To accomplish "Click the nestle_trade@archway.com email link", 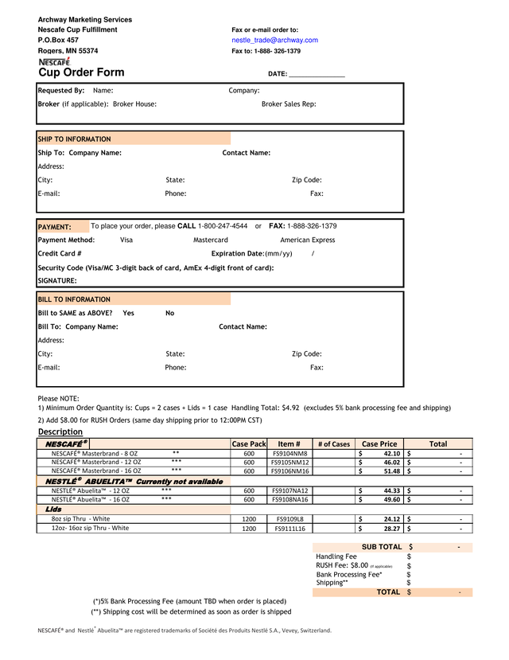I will point(274,40).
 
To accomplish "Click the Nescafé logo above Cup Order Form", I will point(54,61).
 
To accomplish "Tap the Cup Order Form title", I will point(81,73).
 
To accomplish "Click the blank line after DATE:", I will point(317,74).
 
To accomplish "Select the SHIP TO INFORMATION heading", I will point(75,139).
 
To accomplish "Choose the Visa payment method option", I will point(126,240).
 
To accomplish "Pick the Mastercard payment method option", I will point(211,240).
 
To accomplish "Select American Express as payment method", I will point(308,240).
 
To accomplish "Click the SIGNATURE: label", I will point(57,281).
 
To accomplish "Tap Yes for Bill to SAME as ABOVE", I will point(129,313).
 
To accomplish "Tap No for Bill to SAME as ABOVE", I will point(169,313).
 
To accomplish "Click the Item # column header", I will point(289,444).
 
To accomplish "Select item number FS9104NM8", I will point(289,454).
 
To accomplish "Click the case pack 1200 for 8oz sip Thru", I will point(249,518).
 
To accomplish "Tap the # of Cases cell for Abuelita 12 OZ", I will point(333,491).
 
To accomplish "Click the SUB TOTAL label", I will point(382,547).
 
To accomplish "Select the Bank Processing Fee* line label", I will point(349,574).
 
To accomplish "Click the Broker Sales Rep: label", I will point(289,104).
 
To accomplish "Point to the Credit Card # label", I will point(60,253).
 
